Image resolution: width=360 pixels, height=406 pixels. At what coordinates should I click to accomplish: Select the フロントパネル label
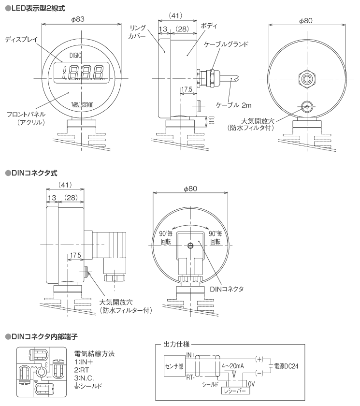click(27, 114)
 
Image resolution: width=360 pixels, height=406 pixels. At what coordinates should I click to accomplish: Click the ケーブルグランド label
click(226, 44)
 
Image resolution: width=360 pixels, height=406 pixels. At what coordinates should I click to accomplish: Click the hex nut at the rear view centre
click(305, 78)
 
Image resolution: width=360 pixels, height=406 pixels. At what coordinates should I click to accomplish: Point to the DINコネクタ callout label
click(226, 289)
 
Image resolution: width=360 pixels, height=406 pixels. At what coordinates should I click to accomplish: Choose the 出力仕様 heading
click(176, 344)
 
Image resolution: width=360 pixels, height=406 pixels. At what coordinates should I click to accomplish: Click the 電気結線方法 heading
click(95, 354)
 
